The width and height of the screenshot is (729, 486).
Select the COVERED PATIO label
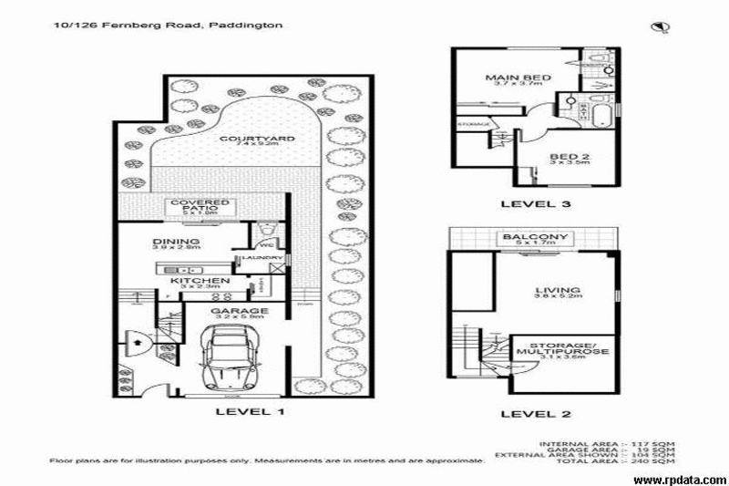tap(200, 206)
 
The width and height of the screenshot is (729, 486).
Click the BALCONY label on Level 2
tap(536, 240)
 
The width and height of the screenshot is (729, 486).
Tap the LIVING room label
tap(557, 293)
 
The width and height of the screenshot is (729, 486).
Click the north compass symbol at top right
tap(657, 27)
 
